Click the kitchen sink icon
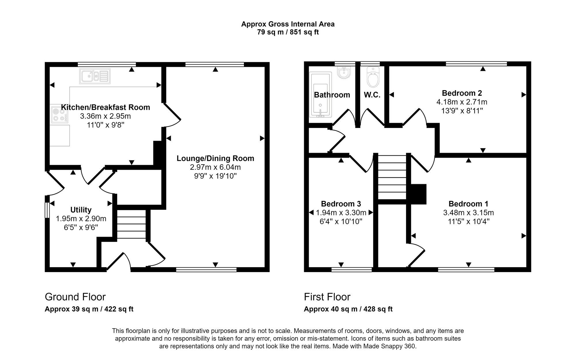point(95,76)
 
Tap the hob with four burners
point(60,115)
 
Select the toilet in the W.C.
point(373,77)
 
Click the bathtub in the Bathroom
point(320,95)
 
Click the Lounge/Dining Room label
point(215,158)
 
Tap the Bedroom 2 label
point(462,93)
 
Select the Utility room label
point(81,210)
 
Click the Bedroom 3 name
point(341,204)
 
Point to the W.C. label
point(372,95)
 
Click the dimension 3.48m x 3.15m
point(469,213)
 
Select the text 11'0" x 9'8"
point(105,125)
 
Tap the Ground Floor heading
point(75,297)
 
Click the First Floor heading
point(327,297)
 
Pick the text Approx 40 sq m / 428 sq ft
point(348,309)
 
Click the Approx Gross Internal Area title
point(288,24)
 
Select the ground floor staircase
point(131,224)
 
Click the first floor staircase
point(392,177)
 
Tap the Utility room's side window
point(47,210)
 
